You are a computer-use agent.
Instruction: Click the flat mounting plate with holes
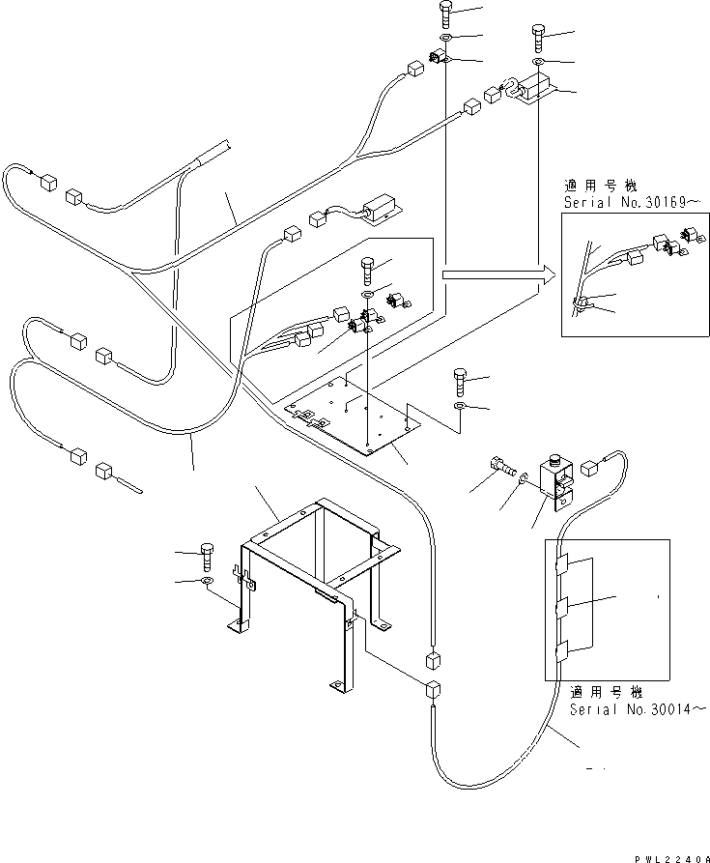pyautogui.click(x=357, y=411)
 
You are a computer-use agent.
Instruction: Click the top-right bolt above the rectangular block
pyautogui.click(x=538, y=40)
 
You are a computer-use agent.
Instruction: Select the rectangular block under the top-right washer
pyautogui.click(x=533, y=92)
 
